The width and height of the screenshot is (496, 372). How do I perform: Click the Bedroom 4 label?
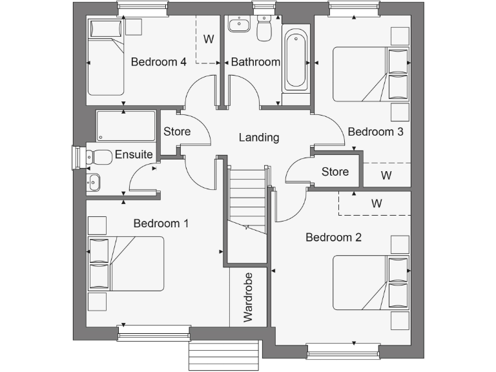(158, 62)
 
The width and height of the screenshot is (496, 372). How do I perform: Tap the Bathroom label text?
(256, 62)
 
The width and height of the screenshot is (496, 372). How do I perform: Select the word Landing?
(258, 138)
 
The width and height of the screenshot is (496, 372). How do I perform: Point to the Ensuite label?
(134, 155)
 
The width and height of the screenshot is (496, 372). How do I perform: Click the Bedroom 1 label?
(161, 223)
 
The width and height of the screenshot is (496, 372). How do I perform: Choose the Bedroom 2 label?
(333, 237)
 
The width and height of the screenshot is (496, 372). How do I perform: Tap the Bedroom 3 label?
(376, 132)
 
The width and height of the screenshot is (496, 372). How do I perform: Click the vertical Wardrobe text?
(248, 297)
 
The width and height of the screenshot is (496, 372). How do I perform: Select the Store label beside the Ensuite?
(177, 132)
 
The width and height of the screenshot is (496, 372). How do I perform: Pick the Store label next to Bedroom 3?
(335, 172)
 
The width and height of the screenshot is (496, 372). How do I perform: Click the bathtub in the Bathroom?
(295, 58)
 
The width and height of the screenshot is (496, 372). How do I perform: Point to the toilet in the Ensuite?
(99, 156)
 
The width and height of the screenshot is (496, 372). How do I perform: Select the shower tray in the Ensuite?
(126, 126)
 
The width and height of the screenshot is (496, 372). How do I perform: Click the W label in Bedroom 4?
(209, 39)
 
